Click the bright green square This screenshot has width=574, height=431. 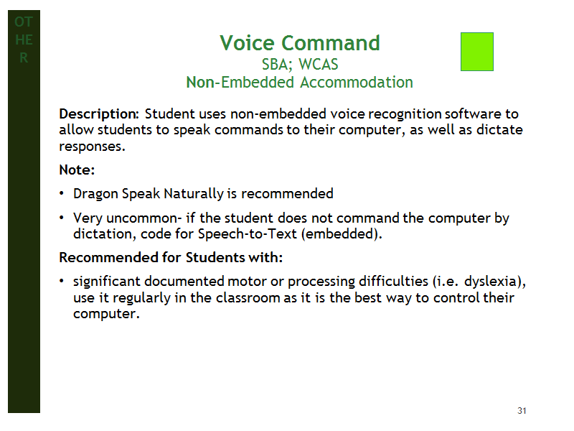[476, 52]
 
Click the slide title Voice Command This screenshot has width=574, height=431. [300, 43]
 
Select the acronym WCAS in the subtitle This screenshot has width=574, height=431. [318, 65]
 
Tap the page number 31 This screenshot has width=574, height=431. [522, 410]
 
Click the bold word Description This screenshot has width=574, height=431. [99, 114]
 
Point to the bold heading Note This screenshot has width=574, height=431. [77, 170]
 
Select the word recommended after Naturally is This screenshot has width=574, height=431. [287, 193]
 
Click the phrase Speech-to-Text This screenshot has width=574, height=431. [247, 234]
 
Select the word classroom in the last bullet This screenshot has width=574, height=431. [248, 297]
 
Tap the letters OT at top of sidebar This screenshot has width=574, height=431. [24, 22]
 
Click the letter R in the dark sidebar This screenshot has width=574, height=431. [24, 58]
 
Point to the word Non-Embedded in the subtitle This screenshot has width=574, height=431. [240, 82]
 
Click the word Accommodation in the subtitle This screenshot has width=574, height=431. [356, 82]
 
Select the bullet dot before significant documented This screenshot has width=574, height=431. [62, 281]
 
